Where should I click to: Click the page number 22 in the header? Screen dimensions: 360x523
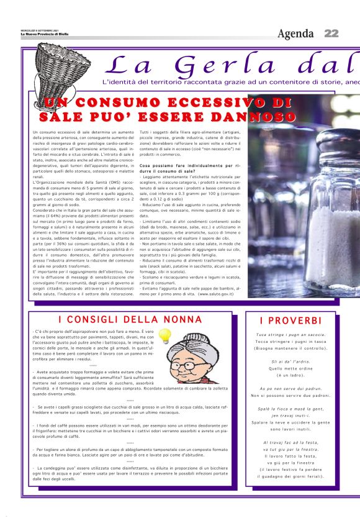pos(331,33)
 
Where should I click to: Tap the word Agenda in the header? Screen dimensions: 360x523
pos(296,33)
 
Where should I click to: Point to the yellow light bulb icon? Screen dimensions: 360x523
pos(164,336)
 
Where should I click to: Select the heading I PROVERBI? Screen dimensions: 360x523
pos(290,321)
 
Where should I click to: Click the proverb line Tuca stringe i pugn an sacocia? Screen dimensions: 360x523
pos(290,335)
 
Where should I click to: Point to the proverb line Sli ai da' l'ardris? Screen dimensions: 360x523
pos(290,362)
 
